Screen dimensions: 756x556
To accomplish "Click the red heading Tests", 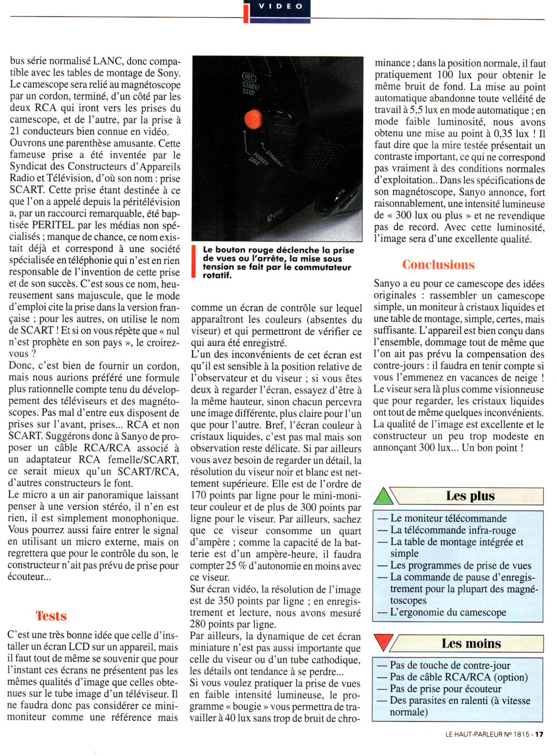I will point(51,616).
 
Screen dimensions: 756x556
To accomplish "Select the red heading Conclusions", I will point(438,265).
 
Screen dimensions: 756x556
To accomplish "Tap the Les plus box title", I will point(470,496).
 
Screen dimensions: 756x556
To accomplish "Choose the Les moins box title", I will point(471,643).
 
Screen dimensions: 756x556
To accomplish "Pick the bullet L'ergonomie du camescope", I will point(448,612).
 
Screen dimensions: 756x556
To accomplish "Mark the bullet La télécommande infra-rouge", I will point(453,530).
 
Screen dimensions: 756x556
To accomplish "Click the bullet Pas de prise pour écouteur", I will point(445,689).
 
